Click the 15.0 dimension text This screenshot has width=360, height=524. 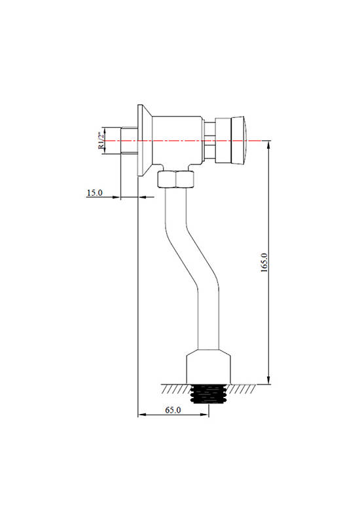95,193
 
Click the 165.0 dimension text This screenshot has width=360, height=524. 264,263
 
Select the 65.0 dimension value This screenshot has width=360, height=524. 173,410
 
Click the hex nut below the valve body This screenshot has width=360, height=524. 175,179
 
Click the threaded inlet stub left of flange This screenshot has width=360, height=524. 129,140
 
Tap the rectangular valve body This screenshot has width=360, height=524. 177,140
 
